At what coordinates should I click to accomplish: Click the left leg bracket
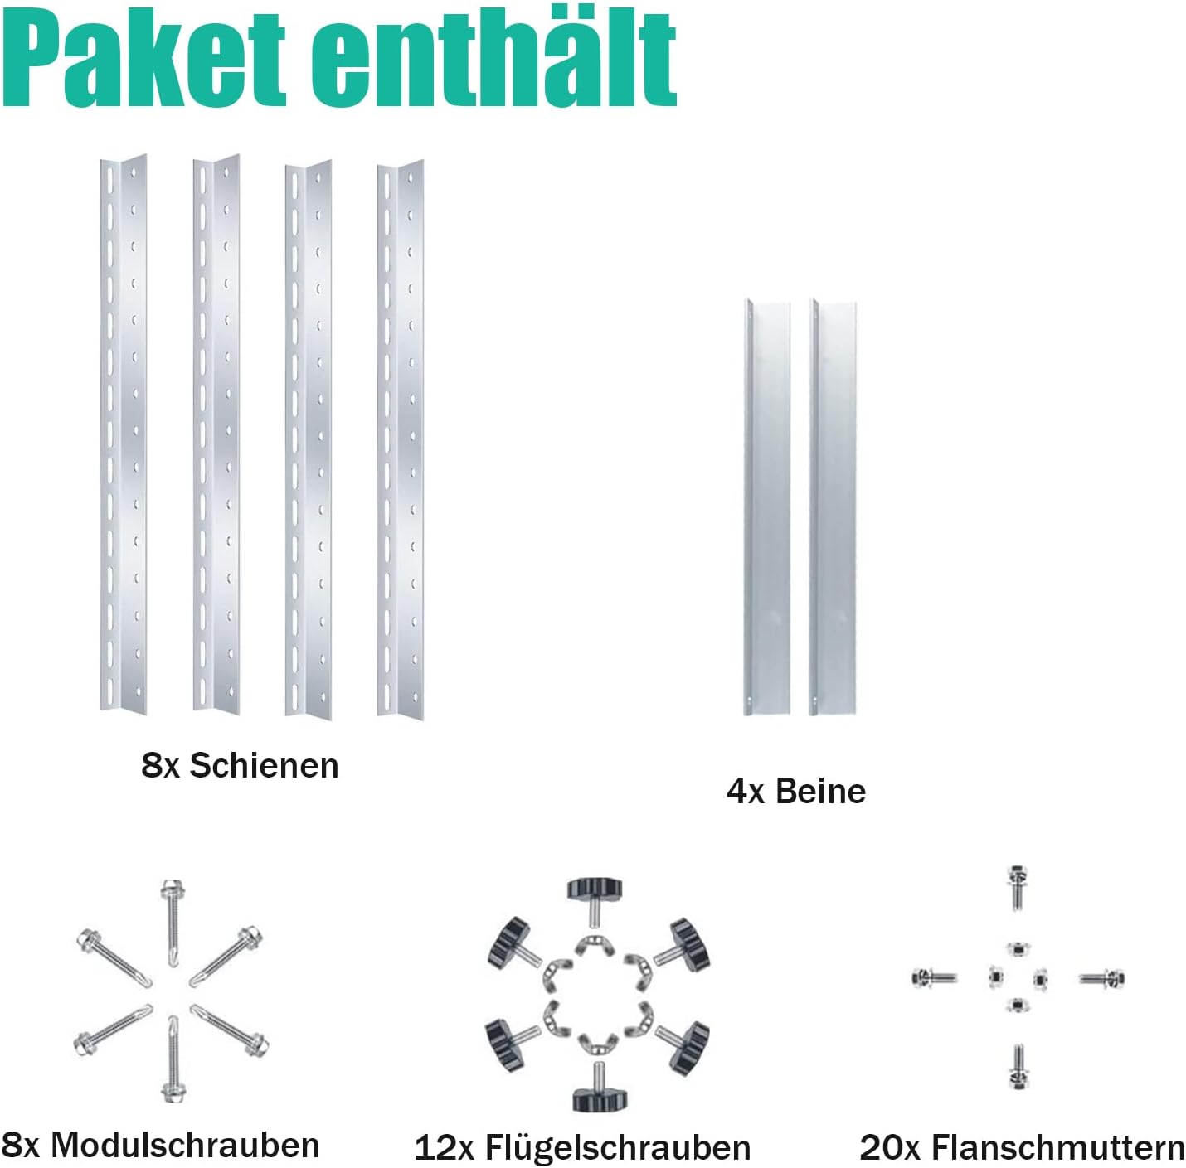tap(766, 507)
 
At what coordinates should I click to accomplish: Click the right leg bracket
tap(833, 507)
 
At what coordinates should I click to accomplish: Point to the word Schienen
tap(264, 765)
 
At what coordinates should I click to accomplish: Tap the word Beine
tap(820, 791)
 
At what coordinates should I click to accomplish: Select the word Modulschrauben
tap(184, 1145)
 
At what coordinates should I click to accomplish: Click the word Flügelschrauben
tap(617, 1147)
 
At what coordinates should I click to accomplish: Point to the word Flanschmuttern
tap(1057, 1147)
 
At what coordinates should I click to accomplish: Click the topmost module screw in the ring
tap(173, 920)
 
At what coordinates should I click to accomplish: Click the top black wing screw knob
tap(594, 889)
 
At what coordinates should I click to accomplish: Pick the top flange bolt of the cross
tap(1018, 886)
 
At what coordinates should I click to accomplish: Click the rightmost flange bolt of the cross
tap(1102, 979)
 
